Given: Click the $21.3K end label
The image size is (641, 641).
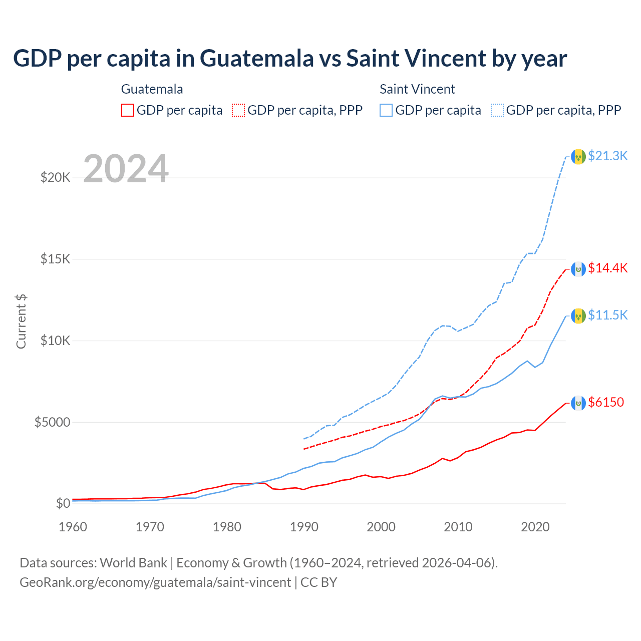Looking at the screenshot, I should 607,156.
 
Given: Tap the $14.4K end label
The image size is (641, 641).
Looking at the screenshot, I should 607,268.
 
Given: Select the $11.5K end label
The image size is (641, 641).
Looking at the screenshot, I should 607,315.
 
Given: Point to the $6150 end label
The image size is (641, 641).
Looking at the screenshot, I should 606,402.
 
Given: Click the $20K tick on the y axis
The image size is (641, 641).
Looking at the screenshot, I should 56,177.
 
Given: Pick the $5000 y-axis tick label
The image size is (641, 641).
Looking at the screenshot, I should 52,422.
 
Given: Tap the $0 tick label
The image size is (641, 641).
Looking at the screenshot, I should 63,503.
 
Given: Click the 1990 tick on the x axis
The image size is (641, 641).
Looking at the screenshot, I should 304,527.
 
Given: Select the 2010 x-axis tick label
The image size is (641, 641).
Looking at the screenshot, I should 458,527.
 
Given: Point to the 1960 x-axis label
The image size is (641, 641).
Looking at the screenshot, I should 73,527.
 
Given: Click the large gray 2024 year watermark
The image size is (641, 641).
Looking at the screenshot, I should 126,169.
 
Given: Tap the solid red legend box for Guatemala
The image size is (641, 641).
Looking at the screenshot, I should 128,110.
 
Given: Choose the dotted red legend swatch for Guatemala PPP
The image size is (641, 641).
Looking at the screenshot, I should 238,110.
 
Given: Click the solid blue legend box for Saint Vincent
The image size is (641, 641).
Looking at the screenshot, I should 386,110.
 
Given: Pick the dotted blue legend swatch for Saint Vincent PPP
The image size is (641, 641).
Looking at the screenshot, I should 497,110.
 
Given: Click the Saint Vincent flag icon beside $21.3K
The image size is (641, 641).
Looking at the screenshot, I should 578,157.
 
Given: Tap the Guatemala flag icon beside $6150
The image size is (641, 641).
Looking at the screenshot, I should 578,403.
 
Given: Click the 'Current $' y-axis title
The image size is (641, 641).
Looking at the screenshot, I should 21,321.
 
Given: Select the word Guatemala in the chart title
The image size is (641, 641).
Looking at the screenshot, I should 257,59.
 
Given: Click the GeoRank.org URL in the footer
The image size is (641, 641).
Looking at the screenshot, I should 155,582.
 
